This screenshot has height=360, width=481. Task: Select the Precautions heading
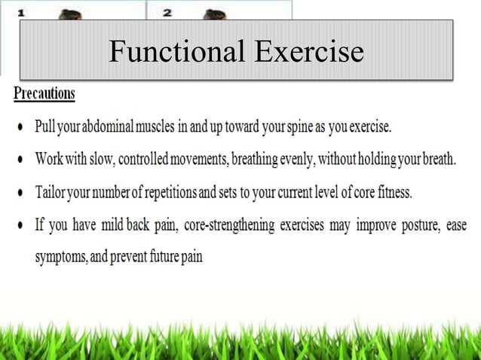coord(44,94)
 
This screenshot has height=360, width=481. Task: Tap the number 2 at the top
coord(167,13)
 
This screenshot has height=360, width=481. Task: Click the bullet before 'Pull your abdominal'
coord(19,129)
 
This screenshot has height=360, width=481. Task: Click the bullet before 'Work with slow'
coord(19,161)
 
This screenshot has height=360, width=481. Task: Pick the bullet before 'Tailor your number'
coord(19,193)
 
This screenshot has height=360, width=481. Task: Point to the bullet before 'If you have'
coord(19,225)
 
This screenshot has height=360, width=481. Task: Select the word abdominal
coord(106,127)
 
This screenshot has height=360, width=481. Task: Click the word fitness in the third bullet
coord(391,191)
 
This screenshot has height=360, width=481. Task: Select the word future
coord(161,257)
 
